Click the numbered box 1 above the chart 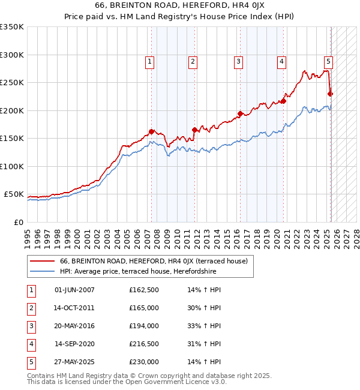[x=149, y=61]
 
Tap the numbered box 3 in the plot [x=238, y=61]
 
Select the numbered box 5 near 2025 [x=328, y=61]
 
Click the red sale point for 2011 [x=195, y=130]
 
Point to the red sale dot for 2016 [x=240, y=113]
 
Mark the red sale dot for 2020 [x=283, y=101]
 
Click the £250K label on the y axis [x=12, y=83]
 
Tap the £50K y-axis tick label [x=14, y=194]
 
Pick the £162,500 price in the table [x=144, y=290]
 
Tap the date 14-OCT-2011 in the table [x=74, y=308]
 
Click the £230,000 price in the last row [x=144, y=362]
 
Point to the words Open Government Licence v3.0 [x=175, y=382]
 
